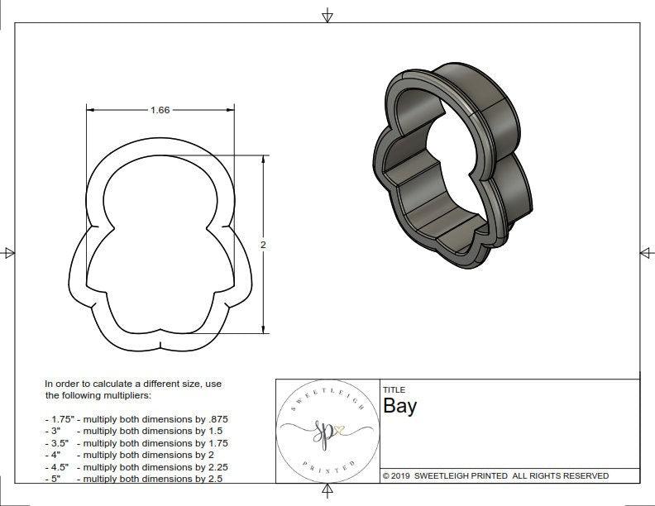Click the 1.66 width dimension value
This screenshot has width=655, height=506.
(160, 110)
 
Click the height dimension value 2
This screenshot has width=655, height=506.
(263, 245)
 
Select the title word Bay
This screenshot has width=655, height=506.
(399, 406)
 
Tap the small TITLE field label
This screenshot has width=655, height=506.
(393, 389)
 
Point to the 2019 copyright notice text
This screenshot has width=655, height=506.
(495, 475)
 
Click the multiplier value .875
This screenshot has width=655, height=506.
(214, 419)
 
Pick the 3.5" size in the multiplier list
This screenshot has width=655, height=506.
(58, 443)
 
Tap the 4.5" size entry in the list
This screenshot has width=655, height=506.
(58, 466)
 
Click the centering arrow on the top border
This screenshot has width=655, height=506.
(327, 15)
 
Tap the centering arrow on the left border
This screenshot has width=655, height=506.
(9, 253)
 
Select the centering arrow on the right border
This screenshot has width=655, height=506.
(646, 252)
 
